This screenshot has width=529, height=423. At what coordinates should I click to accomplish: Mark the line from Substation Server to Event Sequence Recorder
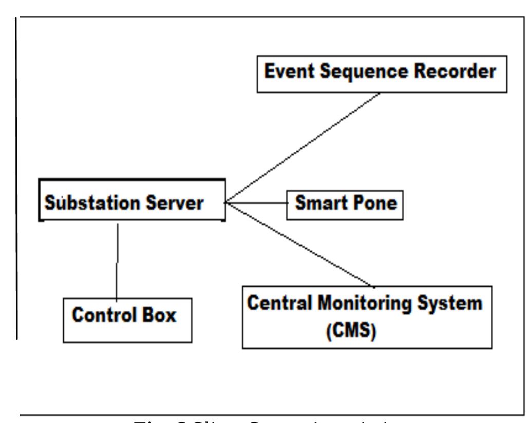point(303,148)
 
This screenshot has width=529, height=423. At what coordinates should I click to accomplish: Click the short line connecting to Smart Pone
point(257,203)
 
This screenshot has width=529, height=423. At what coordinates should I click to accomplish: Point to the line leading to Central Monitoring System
point(300,245)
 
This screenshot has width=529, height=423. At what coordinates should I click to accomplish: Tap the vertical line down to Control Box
point(118,261)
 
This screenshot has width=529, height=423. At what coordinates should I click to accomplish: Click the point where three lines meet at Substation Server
point(226,203)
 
